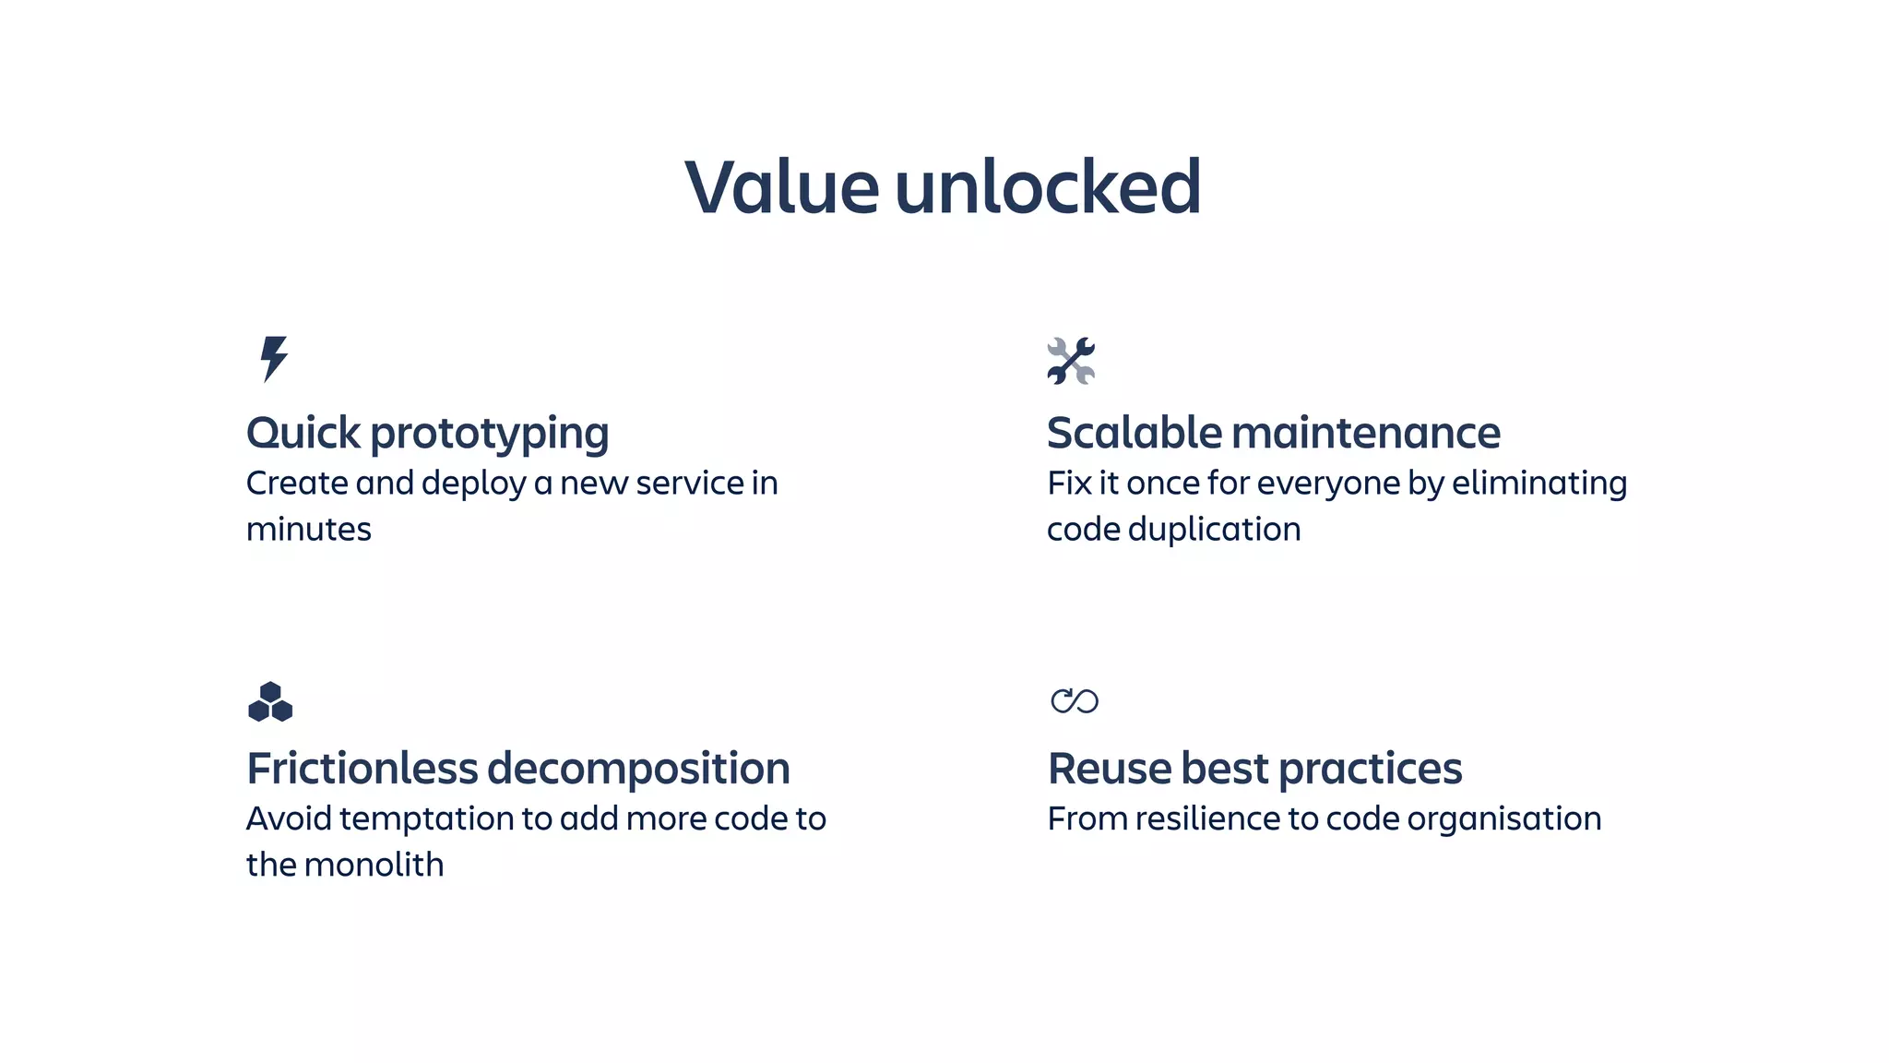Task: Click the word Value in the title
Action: click(x=781, y=187)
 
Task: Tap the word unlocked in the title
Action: click(x=1048, y=187)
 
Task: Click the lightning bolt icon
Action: click(x=274, y=359)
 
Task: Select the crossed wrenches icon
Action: click(x=1071, y=361)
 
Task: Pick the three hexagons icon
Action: click(x=270, y=702)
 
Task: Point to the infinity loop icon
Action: click(x=1075, y=701)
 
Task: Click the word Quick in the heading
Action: click(x=303, y=433)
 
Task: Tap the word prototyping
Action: click(x=490, y=435)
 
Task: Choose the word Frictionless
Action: click(x=362, y=769)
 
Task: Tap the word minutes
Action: click(x=309, y=530)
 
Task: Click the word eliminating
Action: click(x=1539, y=484)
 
